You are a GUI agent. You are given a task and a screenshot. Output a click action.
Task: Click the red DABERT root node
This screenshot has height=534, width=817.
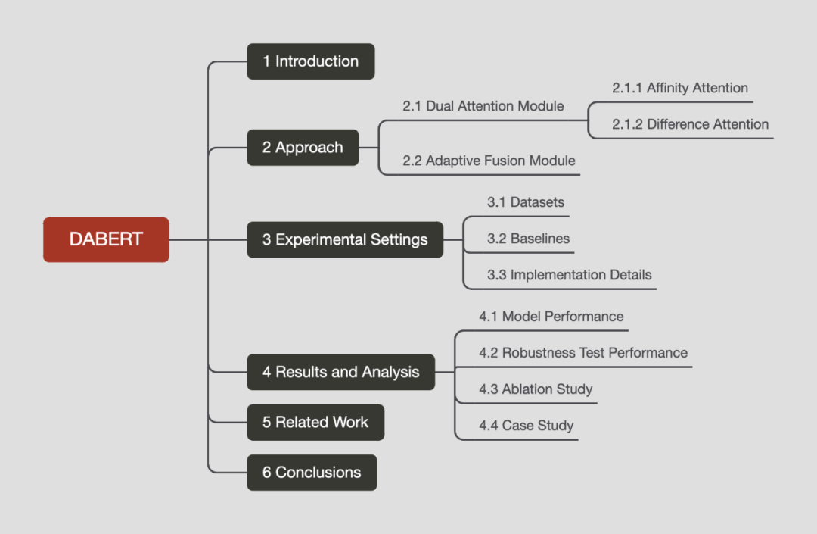point(106,239)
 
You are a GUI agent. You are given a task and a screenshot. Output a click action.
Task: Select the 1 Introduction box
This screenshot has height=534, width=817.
point(311,61)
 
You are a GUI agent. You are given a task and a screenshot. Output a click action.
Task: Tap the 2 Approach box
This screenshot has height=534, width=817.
point(303,148)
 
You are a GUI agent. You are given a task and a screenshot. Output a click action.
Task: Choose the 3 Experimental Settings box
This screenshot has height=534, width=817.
point(345,240)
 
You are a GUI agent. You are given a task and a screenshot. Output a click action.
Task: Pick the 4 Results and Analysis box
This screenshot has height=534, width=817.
point(340,372)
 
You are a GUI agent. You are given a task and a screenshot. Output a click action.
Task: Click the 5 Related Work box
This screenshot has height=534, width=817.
point(315,423)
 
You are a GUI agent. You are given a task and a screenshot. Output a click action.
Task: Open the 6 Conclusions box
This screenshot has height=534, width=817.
point(312,473)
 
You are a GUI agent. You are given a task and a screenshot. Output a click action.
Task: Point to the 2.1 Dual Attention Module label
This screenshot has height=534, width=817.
point(483,106)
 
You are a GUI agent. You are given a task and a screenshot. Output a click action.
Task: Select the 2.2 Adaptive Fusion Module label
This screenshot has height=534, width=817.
point(489,161)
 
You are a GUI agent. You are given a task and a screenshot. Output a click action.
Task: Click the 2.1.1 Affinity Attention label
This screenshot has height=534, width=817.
point(679,88)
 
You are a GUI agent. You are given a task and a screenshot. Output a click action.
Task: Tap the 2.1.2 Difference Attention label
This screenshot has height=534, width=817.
point(690,124)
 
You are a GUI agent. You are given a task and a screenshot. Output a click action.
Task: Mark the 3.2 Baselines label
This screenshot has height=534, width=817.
point(528,239)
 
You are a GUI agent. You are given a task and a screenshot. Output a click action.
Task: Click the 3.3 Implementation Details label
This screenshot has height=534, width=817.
point(569,275)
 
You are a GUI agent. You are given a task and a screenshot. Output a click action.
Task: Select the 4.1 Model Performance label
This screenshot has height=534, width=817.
point(551,316)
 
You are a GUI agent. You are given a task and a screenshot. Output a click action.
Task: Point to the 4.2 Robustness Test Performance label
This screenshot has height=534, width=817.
point(582,352)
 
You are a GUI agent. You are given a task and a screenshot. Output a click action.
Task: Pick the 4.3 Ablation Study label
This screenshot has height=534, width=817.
point(536,389)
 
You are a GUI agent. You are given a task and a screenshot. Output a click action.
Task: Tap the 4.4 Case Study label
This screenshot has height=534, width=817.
point(526,426)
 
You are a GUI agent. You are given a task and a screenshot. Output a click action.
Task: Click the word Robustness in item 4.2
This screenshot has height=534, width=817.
point(539,352)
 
